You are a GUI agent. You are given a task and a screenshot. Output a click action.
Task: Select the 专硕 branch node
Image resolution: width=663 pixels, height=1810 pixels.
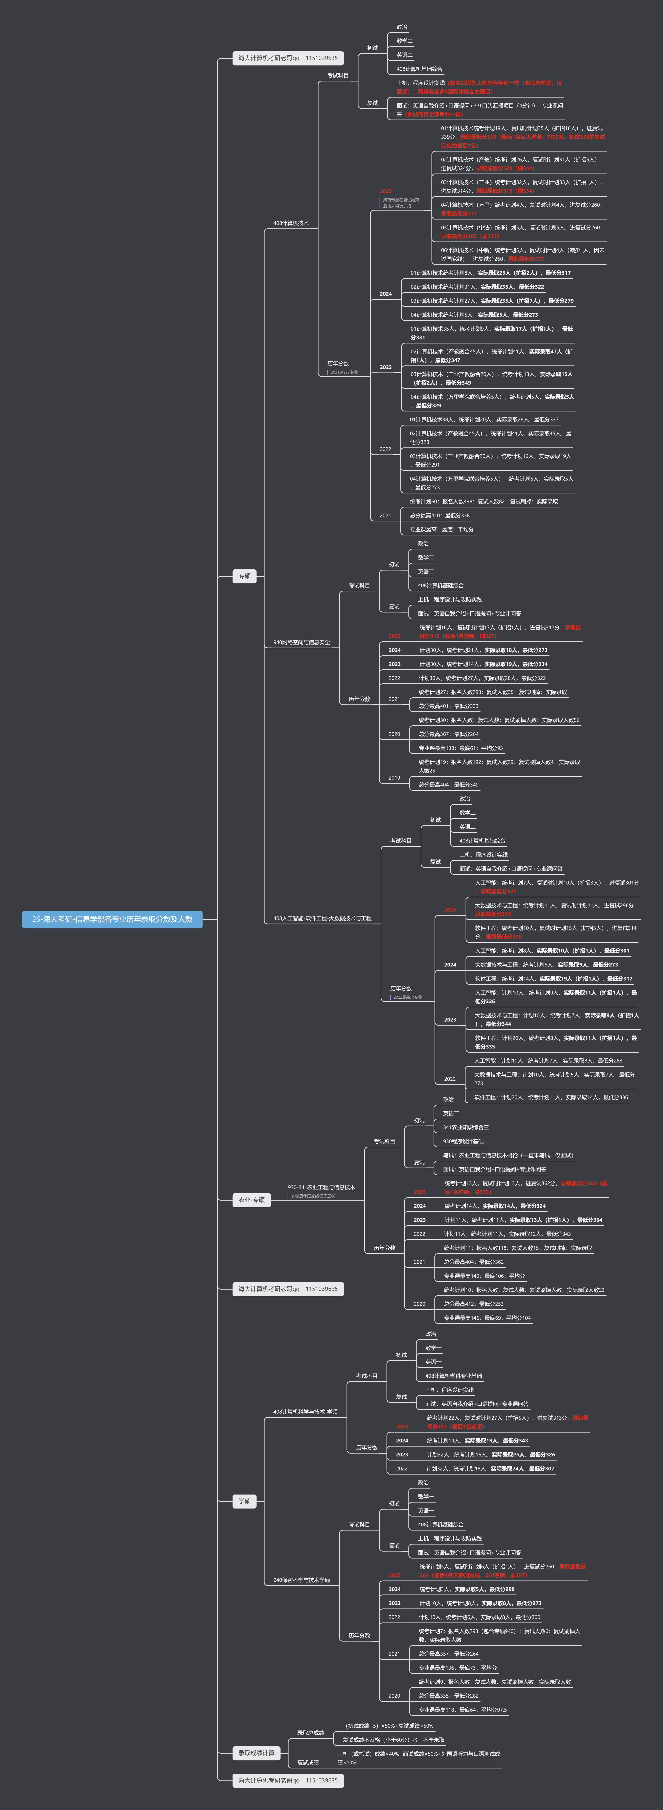click(244, 576)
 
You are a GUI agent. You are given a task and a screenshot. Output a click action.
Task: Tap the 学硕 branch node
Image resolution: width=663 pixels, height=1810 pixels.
click(244, 1501)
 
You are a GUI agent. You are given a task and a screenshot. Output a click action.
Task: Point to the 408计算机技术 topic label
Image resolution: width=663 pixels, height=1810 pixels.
click(291, 224)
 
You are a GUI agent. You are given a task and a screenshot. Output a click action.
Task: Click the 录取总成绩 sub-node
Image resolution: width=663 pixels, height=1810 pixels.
click(311, 1733)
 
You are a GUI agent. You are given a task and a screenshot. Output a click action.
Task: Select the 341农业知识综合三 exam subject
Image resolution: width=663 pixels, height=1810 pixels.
click(466, 1127)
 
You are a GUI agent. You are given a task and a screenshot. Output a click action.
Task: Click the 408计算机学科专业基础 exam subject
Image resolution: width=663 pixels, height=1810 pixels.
click(454, 1376)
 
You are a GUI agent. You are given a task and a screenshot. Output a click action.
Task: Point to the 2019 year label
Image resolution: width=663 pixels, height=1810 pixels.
click(394, 778)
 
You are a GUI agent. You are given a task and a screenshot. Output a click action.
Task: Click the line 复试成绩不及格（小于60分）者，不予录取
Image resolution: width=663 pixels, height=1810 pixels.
click(393, 1740)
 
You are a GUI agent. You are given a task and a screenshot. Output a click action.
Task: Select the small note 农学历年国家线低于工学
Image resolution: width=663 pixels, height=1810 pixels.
click(313, 1196)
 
